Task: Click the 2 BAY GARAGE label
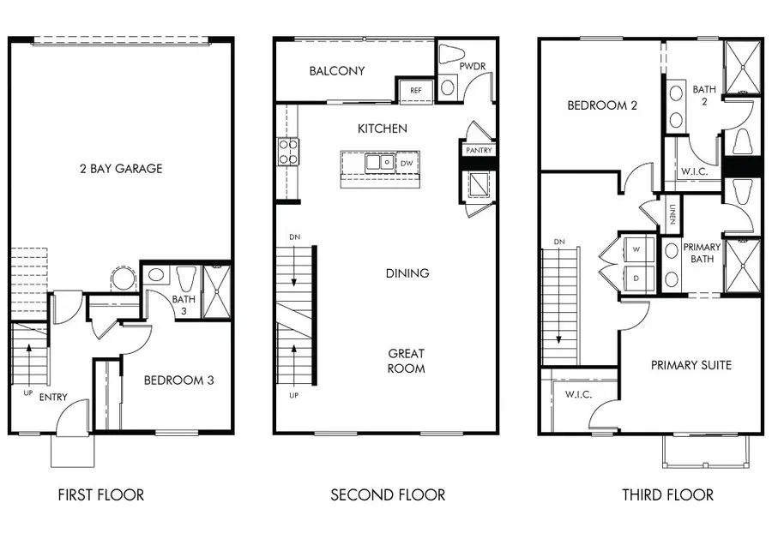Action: pos(120,169)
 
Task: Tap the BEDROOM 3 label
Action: pos(178,380)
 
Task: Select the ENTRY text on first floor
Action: pos(53,398)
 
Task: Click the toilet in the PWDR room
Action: pos(451,55)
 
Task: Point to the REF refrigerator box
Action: pos(415,90)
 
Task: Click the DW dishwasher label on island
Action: pos(407,162)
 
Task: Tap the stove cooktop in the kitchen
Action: pos(287,153)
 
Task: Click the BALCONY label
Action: pos(337,71)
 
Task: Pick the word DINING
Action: pos(407,273)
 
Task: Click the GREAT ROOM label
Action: pos(406,361)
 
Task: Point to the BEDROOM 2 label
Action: pos(602,106)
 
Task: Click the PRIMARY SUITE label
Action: pos(691,365)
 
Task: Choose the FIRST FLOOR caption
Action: pos(100,494)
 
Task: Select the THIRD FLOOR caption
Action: pos(667,494)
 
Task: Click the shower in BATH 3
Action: pos(215,292)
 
